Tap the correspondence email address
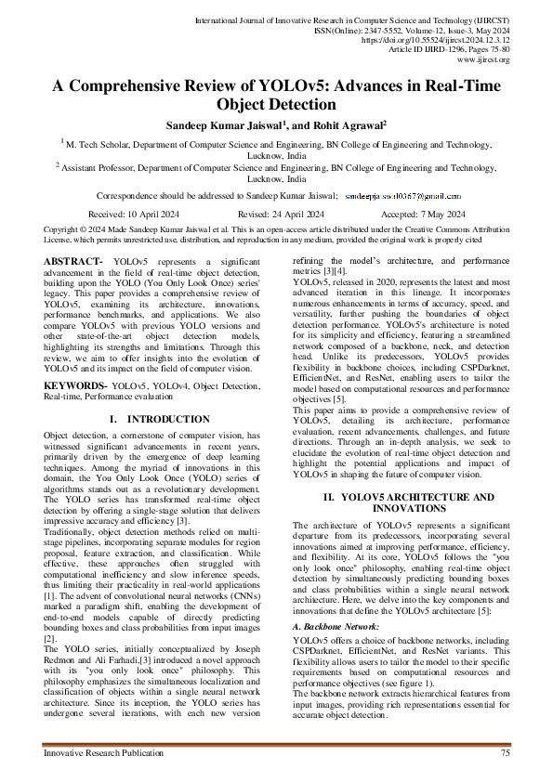click(x=402, y=197)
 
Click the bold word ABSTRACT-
click(x=73, y=264)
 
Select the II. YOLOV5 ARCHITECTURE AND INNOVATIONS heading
click(x=402, y=503)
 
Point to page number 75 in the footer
click(x=505, y=752)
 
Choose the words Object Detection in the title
click(x=276, y=105)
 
